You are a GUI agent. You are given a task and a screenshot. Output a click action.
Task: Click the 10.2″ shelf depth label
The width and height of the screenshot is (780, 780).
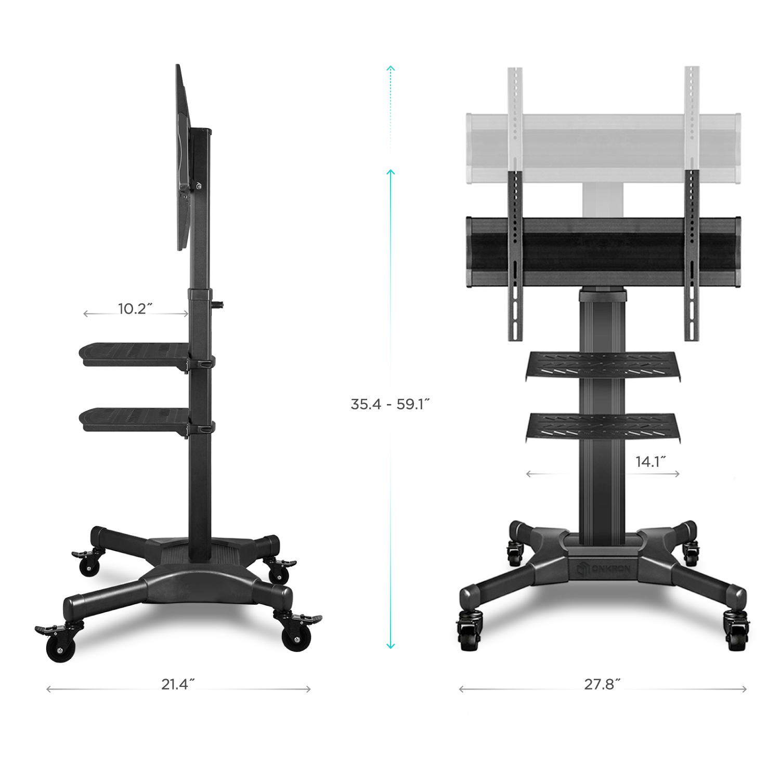135,308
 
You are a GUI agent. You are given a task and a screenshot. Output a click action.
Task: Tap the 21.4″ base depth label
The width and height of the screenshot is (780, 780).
178,684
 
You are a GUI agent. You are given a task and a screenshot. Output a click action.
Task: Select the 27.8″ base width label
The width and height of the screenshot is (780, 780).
602,684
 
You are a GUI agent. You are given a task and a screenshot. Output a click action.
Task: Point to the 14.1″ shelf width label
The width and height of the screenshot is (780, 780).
650,461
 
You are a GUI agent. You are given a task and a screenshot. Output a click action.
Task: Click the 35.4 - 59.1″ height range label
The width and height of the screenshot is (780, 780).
390,404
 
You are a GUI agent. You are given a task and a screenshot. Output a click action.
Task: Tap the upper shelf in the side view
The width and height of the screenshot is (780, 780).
133,352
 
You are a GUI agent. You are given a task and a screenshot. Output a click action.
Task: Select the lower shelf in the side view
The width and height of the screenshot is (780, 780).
133,418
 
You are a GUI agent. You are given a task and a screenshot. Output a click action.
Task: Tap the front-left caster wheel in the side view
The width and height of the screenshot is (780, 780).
60,647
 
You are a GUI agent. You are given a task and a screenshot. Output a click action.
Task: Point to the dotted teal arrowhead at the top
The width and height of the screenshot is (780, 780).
391,69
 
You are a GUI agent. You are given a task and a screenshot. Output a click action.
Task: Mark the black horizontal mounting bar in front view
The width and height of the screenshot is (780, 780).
603,252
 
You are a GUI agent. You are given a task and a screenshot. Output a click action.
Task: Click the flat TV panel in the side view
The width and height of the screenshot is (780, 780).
182,156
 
